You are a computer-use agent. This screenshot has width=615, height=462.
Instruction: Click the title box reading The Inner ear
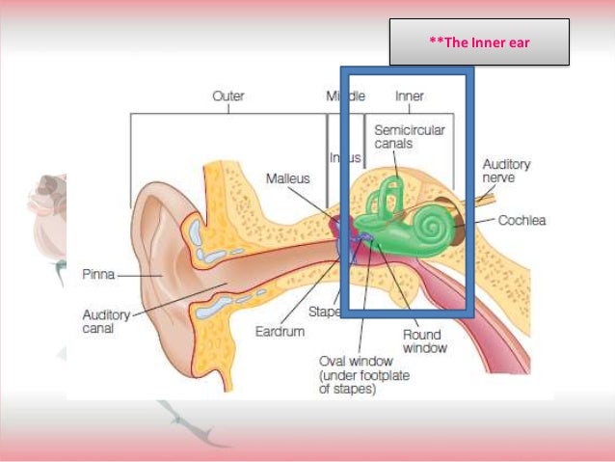tap(479, 41)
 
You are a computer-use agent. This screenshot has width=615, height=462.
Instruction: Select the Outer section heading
tap(227, 95)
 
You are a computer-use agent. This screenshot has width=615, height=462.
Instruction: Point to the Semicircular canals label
tap(408, 137)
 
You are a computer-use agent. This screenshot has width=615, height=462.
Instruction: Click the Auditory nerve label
tap(505, 172)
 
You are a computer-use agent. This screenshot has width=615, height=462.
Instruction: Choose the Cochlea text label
tap(521, 221)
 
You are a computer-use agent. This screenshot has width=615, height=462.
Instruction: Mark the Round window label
tap(421, 342)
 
